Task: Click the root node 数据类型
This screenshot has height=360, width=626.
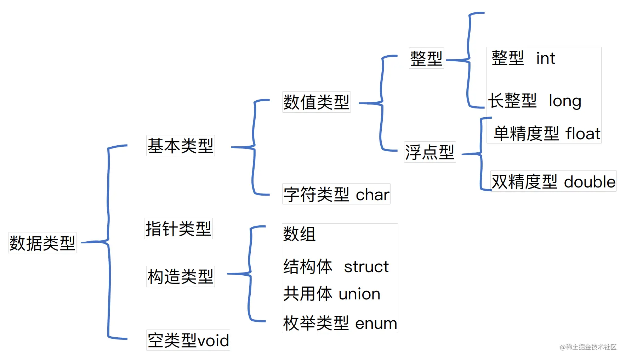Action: coord(42,243)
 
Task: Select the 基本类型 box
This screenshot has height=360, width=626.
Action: coord(181,146)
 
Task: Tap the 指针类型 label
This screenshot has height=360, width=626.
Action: coord(178,229)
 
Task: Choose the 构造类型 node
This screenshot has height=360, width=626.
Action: coord(181,276)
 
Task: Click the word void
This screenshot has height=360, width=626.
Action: coord(213,341)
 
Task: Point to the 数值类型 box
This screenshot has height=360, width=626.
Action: coord(317,102)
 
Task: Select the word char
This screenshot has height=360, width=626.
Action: coord(372,195)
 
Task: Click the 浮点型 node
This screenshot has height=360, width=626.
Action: coord(430,152)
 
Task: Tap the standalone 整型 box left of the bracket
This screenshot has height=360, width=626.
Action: coord(426,58)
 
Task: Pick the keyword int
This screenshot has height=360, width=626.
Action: coord(546,58)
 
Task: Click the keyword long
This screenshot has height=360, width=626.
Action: coord(565,101)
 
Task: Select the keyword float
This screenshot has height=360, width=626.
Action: coord(583,134)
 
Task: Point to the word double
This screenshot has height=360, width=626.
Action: coord(590,182)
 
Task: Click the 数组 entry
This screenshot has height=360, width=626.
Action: coord(299,234)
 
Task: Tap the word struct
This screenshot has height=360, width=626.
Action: coord(366,266)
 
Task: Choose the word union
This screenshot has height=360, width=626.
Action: coord(359,294)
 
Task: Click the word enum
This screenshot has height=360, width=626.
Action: coord(376,324)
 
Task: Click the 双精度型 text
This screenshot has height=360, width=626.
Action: coord(524,182)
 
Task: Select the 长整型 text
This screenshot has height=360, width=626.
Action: coord(512,101)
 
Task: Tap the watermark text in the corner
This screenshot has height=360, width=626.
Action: coord(588,347)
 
